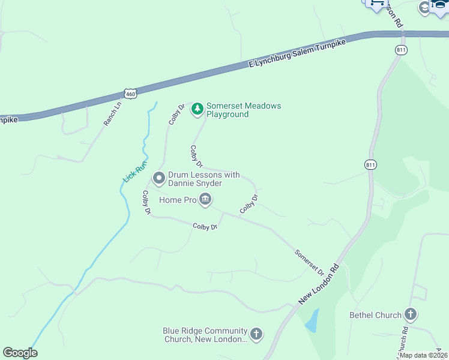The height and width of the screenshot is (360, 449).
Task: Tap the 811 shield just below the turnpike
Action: [400, 50]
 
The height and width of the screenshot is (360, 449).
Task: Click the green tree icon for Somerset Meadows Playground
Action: [197, 109]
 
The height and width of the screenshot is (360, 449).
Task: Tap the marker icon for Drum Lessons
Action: [159, 178]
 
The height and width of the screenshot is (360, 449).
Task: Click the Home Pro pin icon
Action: [205, 199]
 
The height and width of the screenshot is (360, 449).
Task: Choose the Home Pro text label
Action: [178, 200]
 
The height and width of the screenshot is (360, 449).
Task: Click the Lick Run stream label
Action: [135, 173]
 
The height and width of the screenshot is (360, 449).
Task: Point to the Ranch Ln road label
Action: [112, 112]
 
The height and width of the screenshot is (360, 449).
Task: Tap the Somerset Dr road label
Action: [309, 262]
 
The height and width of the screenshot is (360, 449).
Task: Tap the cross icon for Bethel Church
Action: [411, 314]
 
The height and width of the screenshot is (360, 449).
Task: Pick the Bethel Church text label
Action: [375, 315]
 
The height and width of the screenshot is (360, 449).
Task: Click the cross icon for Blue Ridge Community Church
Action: [256, 334]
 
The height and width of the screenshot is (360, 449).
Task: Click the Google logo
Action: [20, 353]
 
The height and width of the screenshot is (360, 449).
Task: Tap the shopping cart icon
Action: [376, 3]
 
